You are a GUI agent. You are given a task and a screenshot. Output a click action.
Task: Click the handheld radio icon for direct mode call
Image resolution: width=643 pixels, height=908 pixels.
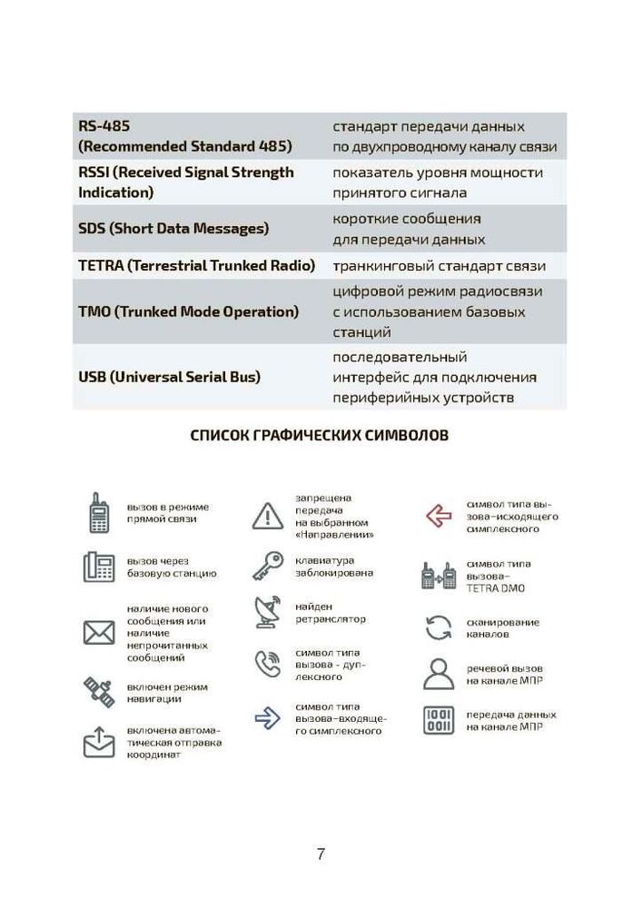(x=98, y=513)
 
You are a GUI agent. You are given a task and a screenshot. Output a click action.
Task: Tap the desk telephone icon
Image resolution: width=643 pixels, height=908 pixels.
(x=98, y=567)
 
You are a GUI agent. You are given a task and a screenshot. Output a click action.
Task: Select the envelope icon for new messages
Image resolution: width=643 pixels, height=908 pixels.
(x=98, y=632)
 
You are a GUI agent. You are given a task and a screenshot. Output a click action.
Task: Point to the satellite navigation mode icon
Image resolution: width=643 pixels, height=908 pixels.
(x=98, y=692)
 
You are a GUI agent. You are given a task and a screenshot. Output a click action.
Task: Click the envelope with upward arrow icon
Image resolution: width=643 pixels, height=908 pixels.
(x=98, y=742)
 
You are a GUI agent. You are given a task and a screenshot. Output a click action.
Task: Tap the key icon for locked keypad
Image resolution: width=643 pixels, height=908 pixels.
(x=268, y=566)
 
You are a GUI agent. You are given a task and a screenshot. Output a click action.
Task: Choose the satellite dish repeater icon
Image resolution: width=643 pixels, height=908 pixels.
(x=268, y=613)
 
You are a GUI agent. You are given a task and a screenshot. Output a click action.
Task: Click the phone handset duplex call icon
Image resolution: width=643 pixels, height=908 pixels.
(x=268, y=665)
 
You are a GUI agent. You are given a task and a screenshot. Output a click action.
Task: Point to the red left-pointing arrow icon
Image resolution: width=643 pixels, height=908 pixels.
(x=439, y=516)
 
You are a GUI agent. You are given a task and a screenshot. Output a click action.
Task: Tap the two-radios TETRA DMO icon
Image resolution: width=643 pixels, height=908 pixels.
(x=439, y=576)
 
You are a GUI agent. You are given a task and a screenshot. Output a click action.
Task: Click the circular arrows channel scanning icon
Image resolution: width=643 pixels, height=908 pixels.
(x=439, y=627)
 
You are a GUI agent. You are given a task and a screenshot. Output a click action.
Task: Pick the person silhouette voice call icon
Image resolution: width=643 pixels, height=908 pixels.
(x=439, y=674)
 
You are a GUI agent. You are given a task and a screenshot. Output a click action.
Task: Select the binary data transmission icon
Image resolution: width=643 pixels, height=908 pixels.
(x=439, y=721)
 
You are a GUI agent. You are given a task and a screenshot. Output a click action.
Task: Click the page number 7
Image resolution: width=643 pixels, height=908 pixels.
(x=321, y=854)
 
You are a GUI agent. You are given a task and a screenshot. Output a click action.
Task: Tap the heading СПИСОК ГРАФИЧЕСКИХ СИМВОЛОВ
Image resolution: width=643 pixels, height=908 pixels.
(x=320, y=436)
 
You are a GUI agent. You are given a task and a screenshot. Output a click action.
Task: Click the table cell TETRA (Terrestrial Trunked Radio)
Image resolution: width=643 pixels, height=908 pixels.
(x=196, y=266)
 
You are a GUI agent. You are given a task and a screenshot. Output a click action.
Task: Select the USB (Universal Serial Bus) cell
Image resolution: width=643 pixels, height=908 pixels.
(x=169, y=377)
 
